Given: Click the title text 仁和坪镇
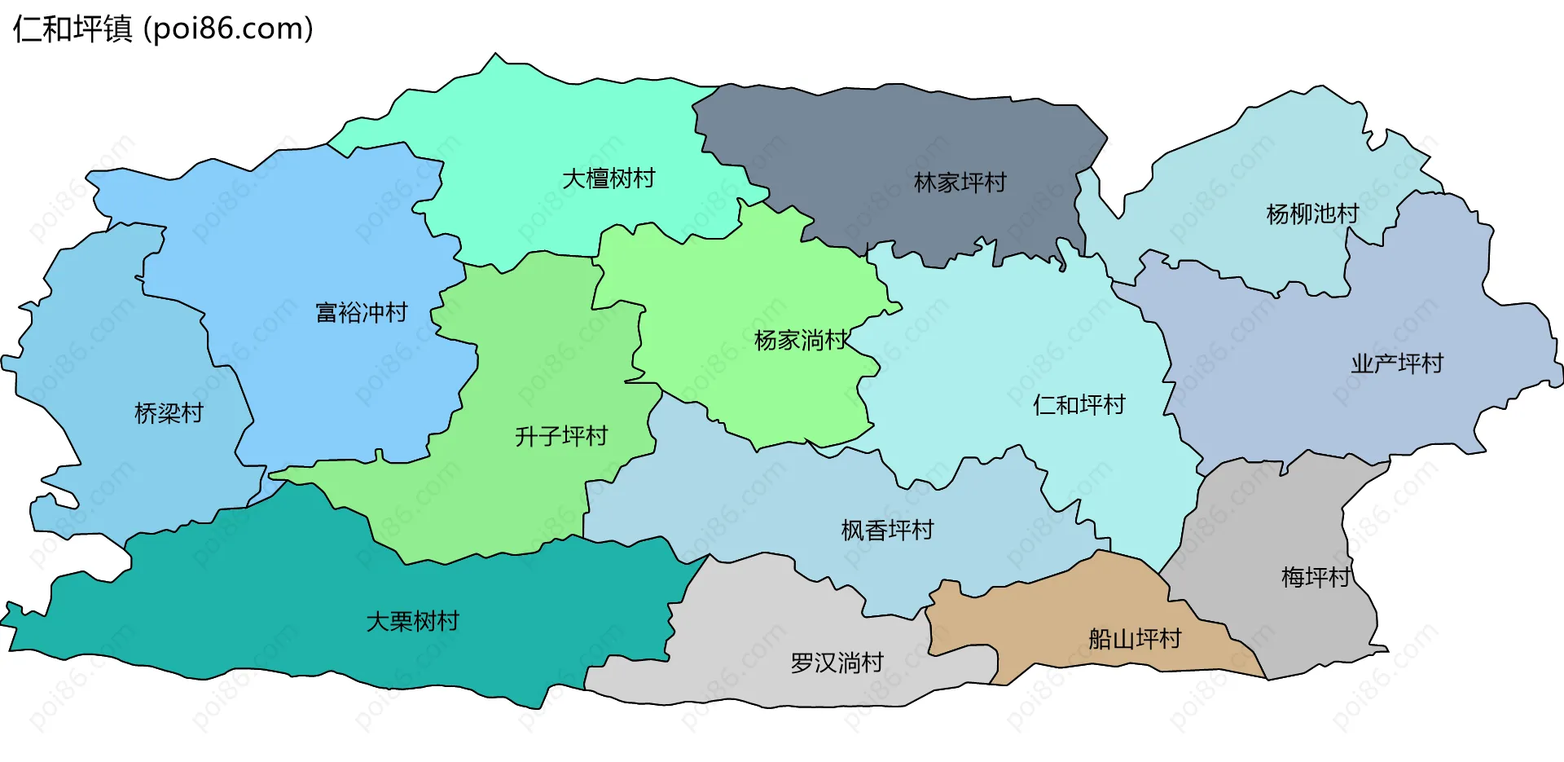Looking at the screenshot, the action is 72,29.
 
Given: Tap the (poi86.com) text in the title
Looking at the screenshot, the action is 228,29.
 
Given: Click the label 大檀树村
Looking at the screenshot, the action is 608,178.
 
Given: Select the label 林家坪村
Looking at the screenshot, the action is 960,183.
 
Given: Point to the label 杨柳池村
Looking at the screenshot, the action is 1311,214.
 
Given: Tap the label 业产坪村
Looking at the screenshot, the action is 1396,363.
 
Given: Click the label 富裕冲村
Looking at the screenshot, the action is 361,313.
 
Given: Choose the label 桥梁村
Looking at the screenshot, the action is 169,414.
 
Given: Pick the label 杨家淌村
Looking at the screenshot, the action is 801,341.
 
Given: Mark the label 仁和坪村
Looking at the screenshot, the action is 1079,405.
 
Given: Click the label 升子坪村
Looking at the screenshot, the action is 561,437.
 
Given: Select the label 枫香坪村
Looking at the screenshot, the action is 887,531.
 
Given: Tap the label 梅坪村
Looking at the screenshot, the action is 1315,578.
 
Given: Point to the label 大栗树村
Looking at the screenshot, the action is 412,622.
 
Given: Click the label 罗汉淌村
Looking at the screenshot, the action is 837,663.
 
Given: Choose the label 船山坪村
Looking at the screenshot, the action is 1134,639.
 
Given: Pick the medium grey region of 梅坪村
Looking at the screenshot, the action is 1271,522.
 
